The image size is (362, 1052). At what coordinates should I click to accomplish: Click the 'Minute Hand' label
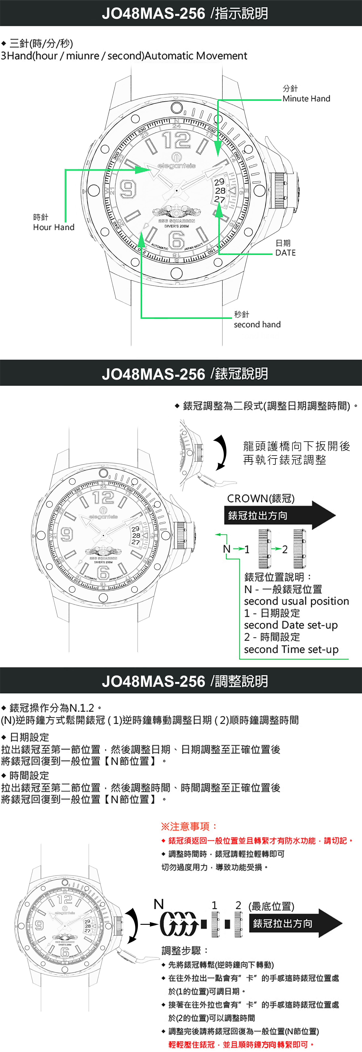point(306,98)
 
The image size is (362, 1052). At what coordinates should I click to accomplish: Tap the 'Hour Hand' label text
point(54,227)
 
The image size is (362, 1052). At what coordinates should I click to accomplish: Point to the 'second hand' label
point(257,324)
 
